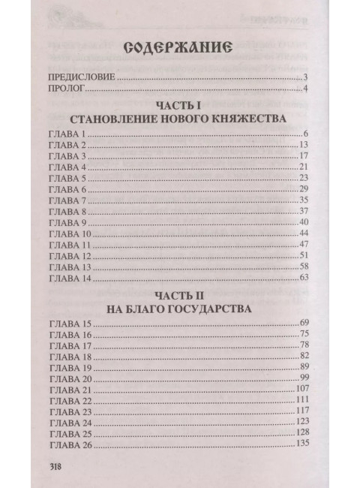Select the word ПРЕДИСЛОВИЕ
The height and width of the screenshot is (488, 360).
click(x=79, y=78)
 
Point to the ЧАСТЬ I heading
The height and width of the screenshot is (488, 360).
click(x=178, y=107)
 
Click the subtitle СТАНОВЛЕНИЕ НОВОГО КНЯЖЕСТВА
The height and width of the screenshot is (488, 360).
click(x=178, y=119)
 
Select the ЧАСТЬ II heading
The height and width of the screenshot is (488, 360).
click(x=178, y=295)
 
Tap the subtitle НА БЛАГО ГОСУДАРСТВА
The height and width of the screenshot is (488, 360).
click(x=178, y=308)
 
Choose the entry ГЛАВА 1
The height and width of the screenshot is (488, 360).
click(x=67, y=134)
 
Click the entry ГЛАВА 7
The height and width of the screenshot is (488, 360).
click(x=67, y=200)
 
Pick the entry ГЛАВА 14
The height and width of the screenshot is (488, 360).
click(x=70, y=278)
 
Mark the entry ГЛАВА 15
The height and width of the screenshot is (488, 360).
click(x=70, y=322)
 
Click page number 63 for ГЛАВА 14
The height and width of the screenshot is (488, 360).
click(x=304, y=278)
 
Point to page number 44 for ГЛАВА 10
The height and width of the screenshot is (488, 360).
click(x=304, y=233)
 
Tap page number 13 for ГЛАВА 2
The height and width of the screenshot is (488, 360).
click(x=304, y=145)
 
